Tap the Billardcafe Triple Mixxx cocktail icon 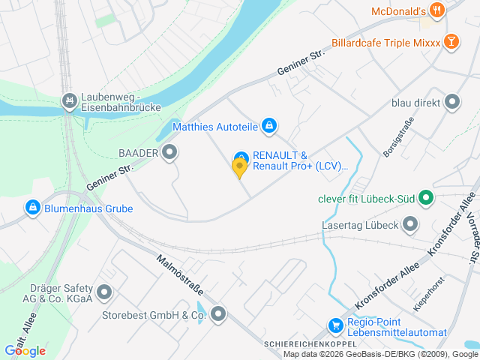coord(451,41)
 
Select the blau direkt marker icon coord(451,101)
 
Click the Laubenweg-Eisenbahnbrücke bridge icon coord(70,99)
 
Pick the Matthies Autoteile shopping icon coord(269,126)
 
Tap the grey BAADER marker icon coord(170,153)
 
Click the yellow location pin coord(240,169)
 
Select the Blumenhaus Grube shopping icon coord(33,207)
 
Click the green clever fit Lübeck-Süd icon coord(426,199)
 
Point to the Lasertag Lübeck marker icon coord(410,223)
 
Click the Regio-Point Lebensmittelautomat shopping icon coord(336,325)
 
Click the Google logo coord(25,350)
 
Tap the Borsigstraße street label coord(394,137)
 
